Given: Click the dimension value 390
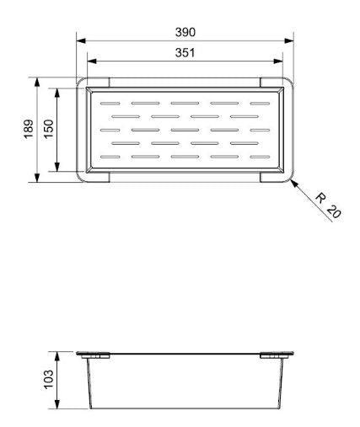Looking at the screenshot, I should pyautogui.click(x=185, y=32).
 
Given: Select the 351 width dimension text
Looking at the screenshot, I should pyautogui.click(x=185, y=53).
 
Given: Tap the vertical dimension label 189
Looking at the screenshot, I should pyautogui.click(x=28, y=130).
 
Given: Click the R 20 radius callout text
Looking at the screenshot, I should pyautogui.click(x=329, y=206).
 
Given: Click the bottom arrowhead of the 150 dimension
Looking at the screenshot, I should pyautogui.click(x=57, y=169).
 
